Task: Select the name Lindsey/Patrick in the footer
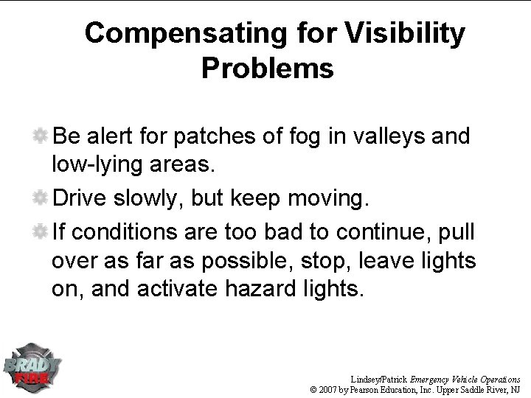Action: [x=378, y=377]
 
